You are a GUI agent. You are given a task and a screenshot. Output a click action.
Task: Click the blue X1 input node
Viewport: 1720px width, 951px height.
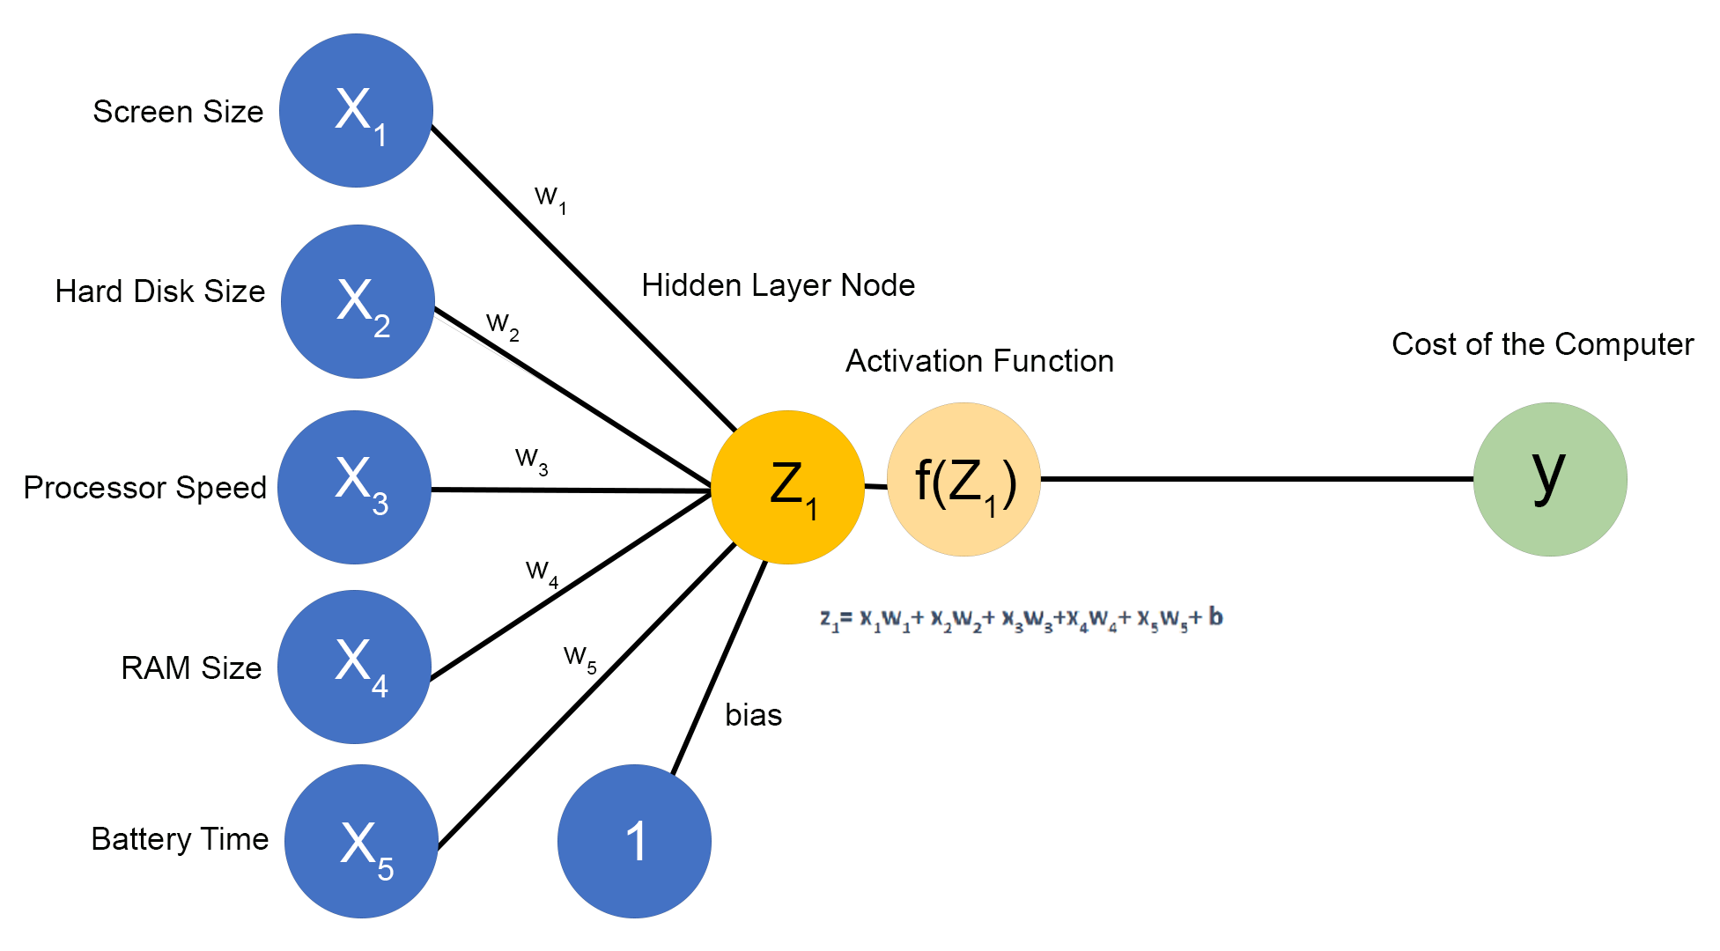(x=356, y=110)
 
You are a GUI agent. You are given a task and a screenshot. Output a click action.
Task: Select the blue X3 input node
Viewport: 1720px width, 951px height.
(x=354, y=487)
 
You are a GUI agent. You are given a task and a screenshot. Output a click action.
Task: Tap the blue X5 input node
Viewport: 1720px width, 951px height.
(x=361, y=841)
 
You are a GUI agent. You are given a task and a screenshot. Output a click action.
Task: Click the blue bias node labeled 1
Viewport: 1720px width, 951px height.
(x=634, y=841)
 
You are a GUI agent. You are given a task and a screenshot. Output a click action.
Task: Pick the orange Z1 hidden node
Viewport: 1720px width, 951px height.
(x=787, y=487)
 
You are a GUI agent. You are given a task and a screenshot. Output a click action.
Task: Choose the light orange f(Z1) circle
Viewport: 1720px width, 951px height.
(x=963, y=480)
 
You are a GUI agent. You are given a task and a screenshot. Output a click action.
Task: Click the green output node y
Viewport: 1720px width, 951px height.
(x=1549, y=480)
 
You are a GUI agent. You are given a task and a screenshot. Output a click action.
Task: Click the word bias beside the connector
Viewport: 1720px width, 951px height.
(x=753, y=715)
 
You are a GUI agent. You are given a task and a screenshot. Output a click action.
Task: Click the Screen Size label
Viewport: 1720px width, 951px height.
(x=178, y=112)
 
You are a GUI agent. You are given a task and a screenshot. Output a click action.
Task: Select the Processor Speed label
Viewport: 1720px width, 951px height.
(x=144, y=488)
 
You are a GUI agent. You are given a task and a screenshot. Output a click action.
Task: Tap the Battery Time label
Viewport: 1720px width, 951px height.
(x=180, y=839)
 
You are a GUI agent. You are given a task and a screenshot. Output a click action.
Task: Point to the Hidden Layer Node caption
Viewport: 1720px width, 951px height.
(x=778, y=285)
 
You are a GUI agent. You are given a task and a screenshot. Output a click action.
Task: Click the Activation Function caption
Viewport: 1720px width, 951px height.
(x=979, y=361)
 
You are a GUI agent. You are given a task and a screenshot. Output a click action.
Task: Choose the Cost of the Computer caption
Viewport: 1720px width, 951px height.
(x=1542, y=344)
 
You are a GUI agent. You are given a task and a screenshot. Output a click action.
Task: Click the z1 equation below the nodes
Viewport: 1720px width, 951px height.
(x=1021, y=618)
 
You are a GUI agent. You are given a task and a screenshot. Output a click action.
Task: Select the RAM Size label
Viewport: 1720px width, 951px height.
(x=191, y=668)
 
